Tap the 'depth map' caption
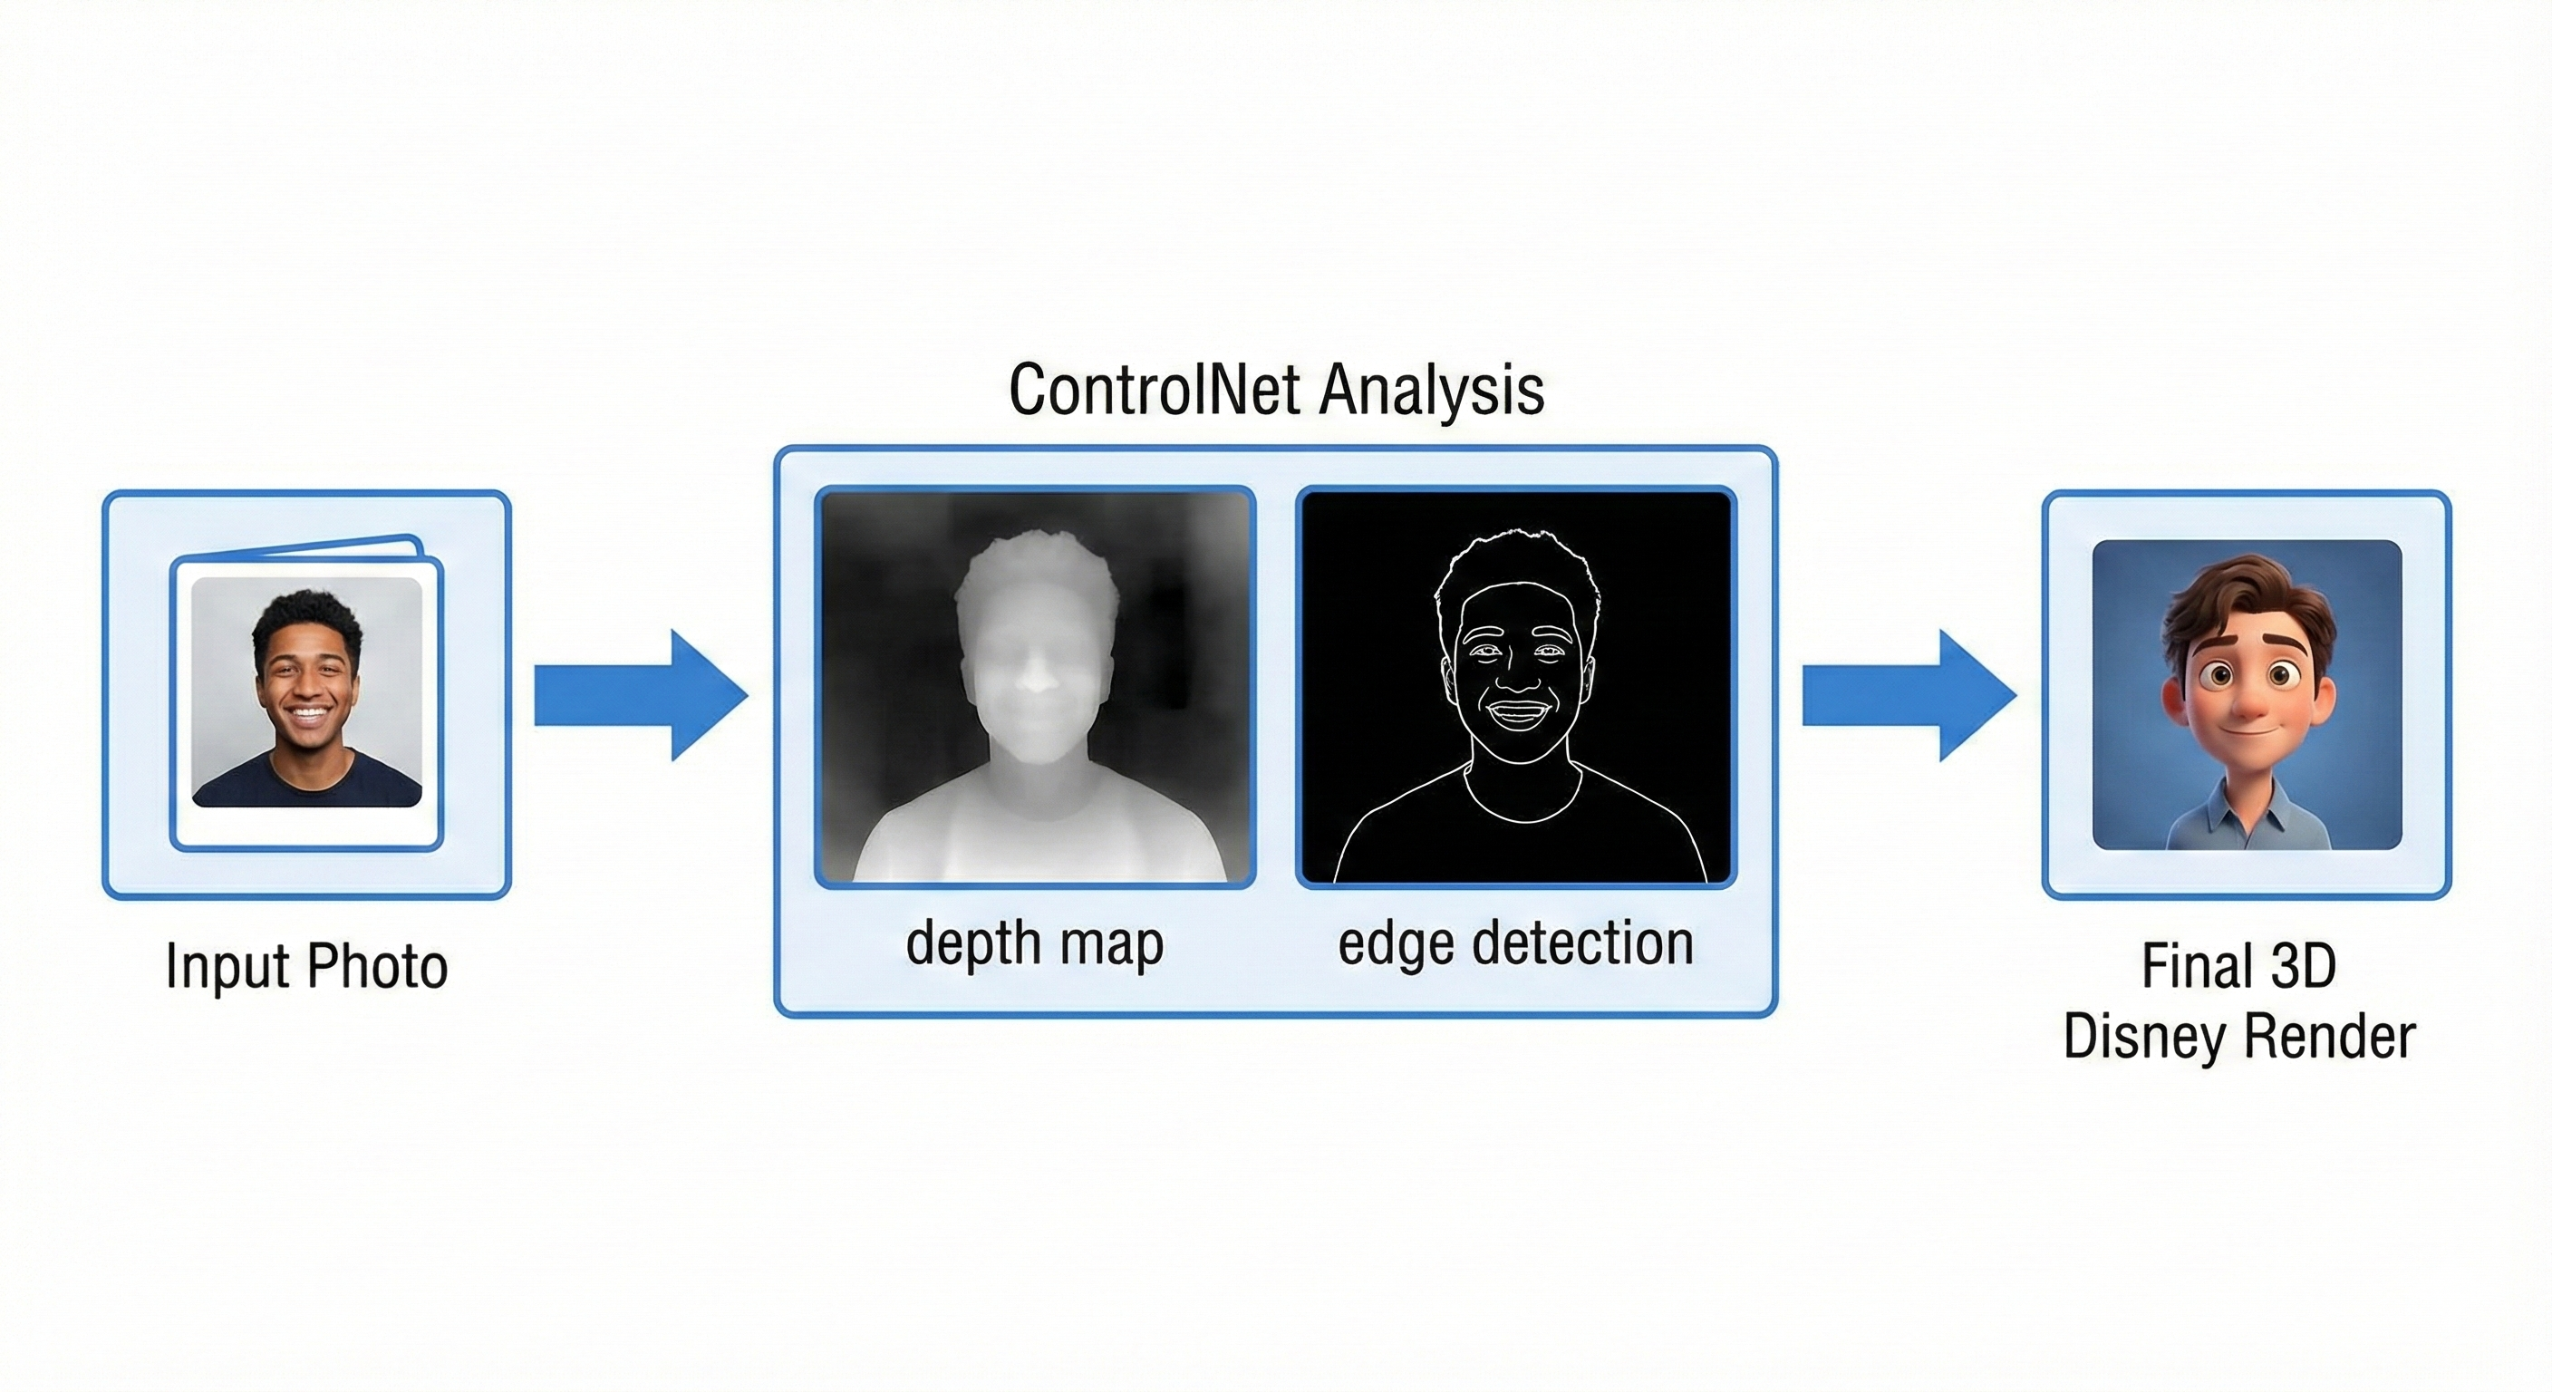(1034, 943)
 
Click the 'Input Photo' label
(306, 966)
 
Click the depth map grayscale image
(1035, 688)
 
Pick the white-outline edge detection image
(1516, 688)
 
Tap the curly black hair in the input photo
(306, 614)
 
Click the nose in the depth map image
(1035, 679)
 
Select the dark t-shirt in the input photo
(306, 783)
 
